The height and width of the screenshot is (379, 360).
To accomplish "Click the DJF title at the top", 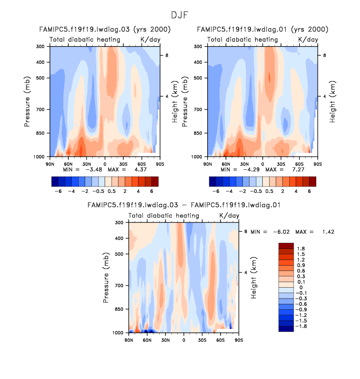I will point(180,15).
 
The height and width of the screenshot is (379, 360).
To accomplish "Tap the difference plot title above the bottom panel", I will point(183,205).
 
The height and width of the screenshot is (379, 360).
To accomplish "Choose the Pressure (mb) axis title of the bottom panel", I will point(107,277).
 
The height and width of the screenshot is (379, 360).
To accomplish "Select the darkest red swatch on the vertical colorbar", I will point(286,245).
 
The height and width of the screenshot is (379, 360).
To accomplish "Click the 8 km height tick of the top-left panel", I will point(167,56).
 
